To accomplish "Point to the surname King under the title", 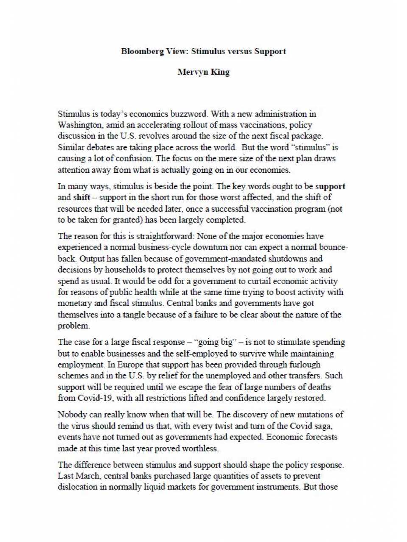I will (220, 72).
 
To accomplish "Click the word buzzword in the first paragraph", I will (188, 114).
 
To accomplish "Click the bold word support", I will (330, 186).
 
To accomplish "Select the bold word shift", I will (82, 198).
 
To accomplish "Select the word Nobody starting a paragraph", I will (72, 415).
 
